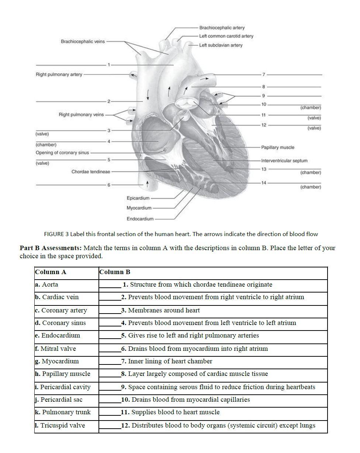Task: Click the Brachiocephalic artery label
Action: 222,28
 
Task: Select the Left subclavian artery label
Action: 221,45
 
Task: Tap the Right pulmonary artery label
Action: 59,75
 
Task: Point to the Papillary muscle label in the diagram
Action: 277,148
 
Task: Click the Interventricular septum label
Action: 284,161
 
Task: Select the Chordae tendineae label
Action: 90,172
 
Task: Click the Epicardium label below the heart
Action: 138,198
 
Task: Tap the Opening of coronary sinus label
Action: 62,153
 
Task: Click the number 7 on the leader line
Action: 264,75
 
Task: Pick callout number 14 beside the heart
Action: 264,183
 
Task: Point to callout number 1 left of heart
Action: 109,65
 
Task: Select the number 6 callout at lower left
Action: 109,185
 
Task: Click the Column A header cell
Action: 51,272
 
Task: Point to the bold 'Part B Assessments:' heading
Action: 51,248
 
